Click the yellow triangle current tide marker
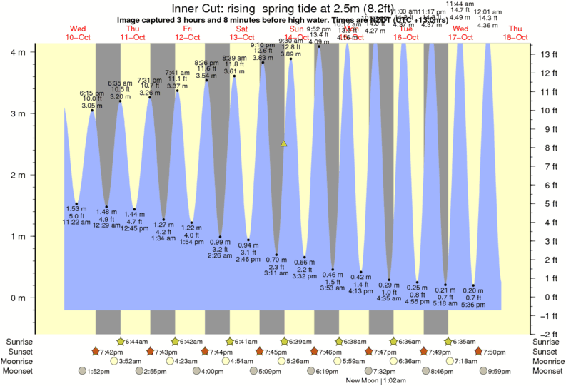point(284,143)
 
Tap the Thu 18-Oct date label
point(515,32)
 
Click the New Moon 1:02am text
point(370,381)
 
